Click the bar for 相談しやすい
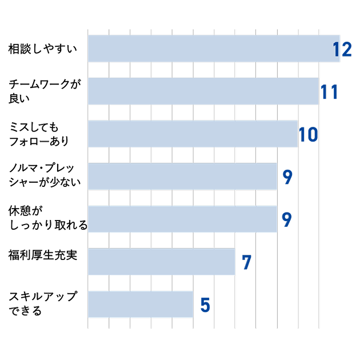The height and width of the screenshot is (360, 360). pyautogui.click(x=214, y=49)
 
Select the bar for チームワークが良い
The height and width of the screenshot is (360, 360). pyautogui.click(x=203, y=91)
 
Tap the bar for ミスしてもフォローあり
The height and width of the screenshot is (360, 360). pyautogui.click(x=193, y=134)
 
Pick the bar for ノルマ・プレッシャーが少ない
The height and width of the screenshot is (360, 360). pyautogui.click(x=182, y=177)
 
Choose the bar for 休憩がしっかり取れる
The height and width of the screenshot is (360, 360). pyautogui.click(x=182, y=219)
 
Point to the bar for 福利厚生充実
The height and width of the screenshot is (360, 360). pyautogui.click(x=162, y=262)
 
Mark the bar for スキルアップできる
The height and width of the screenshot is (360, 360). pyautogui.click(x=141, y=304)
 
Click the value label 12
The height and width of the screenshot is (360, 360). pyautogui.click(x=342, y=49)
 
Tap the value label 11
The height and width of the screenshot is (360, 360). pyautogui.click(x=329, y=92)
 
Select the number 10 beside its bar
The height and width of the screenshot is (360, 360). pyautogui.click(x=309, y=134)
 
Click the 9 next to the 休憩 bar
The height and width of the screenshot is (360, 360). pyautogui.click(x=287, y=220)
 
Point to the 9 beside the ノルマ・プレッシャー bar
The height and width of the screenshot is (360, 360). pyautogui.click(x=287, y=177)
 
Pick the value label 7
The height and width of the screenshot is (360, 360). pyautogui.click(x=247, y=262)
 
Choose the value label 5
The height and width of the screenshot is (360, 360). pyautogui.click(x=205, y=305)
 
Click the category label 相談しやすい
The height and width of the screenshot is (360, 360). pyautogui.click(x=43, y=49)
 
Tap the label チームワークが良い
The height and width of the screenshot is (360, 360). pyautogui.click(x=45, y=91)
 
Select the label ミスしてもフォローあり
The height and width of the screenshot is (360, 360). pyautogui.click(x=39, y=134)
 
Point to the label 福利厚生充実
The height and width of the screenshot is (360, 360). pyautogui.click(x=43, y=255)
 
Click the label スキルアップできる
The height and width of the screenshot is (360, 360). pyautogui.click(x=43, y=303)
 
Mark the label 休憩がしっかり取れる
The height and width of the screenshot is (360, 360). pyautogui.click(x=48, y=218)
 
